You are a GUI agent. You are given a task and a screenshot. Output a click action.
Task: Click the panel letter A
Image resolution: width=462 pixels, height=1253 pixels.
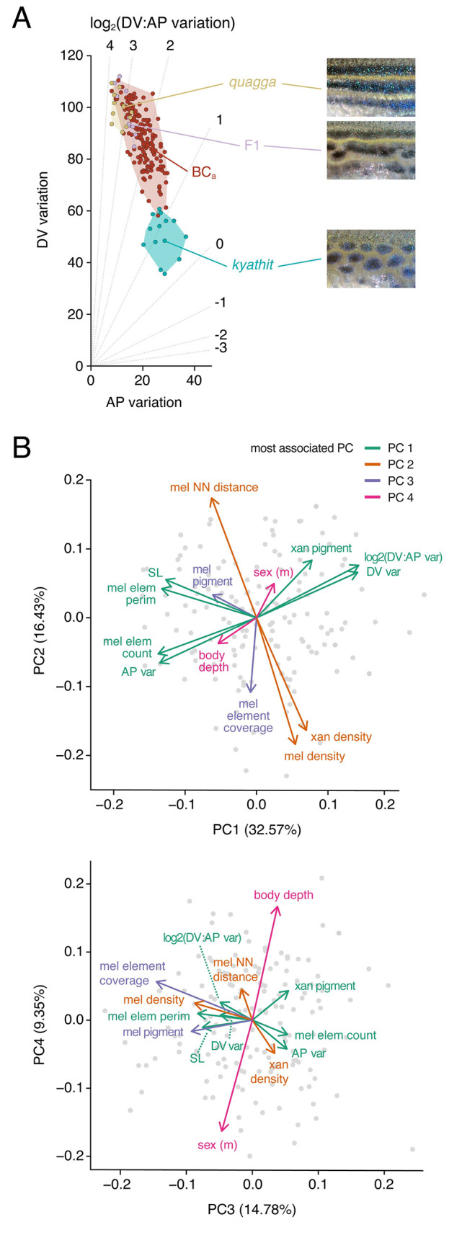pos(22,17)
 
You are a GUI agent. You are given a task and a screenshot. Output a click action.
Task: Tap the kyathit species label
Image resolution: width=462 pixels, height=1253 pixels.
pos(252,265)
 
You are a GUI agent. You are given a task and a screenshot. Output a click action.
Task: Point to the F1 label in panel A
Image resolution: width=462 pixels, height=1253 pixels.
pos(252,146)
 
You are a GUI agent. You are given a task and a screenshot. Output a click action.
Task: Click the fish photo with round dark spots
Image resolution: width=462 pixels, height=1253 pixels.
pos(370,259)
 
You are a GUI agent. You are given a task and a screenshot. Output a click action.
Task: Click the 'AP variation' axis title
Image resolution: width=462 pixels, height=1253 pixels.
pos(143,402)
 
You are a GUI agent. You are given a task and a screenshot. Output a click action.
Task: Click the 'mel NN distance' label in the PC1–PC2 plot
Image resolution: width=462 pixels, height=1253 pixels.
pos(214,488)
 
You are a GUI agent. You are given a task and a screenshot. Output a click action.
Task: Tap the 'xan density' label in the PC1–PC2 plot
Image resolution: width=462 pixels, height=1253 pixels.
pos(341,737)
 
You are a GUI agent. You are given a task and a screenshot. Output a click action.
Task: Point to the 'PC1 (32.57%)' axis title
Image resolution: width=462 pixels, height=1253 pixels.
pos(257,830)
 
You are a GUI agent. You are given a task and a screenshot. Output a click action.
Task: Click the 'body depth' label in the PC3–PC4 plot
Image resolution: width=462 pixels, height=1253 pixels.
pos(283,896)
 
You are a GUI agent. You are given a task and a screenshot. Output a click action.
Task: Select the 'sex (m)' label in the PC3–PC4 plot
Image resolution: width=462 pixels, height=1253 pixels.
pos(217,1145)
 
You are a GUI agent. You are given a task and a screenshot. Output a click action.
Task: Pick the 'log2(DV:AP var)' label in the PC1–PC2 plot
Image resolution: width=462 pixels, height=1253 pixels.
pos(403,557)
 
